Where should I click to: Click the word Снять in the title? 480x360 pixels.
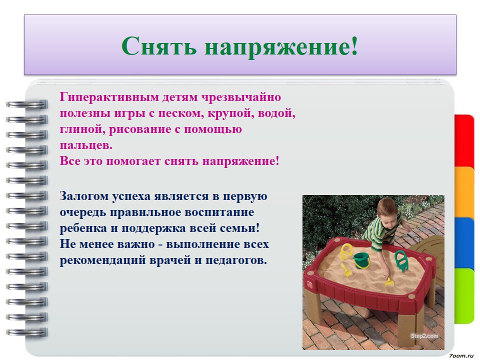tap(158, 46)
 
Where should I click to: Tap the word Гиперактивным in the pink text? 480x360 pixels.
tap(109, 97)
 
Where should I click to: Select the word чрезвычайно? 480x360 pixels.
tap(241, 97)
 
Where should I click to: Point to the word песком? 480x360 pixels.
tap(181, 113)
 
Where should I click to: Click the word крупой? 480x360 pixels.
tap(231, 114)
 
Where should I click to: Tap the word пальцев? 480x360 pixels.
tap(86, 145)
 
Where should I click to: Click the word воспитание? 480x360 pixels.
tap(219, 212)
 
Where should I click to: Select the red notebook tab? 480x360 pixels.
tap(464, 141)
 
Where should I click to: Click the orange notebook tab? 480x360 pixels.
tap(464, 192)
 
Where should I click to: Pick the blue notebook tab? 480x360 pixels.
tap(464, 243)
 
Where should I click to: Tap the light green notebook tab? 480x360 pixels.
tap(464, 295)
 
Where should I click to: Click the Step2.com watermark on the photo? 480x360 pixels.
tap(424, 336)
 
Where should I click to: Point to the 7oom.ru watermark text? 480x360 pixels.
tap(461, 355)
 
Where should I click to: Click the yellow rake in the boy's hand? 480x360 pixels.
tap(389, 282)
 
